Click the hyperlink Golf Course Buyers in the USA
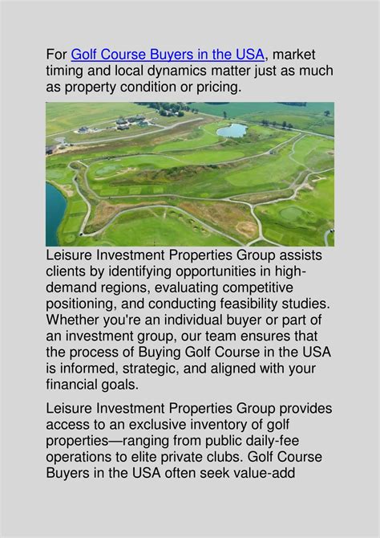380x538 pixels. pyautogui.click(x=167, y=55)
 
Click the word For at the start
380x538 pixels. pyautogui.click(x=56, y=55)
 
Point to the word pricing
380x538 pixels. pyautogui.click(x=217, y=87)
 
